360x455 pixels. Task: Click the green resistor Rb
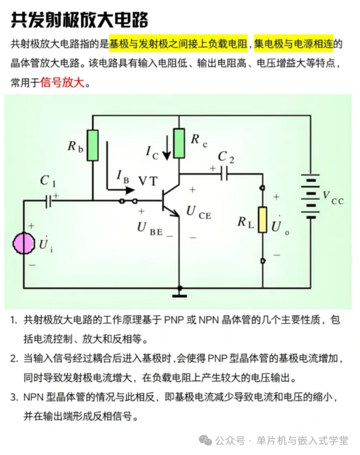(93, 145)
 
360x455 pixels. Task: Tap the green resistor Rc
(179, 143)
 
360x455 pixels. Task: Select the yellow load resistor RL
(262, 220)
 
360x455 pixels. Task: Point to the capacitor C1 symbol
(48, 201)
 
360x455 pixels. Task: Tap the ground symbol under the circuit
(179, 294)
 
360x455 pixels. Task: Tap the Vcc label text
(333, 198)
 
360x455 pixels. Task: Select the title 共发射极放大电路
(79, 20)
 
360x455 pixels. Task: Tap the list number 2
(13, 359)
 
